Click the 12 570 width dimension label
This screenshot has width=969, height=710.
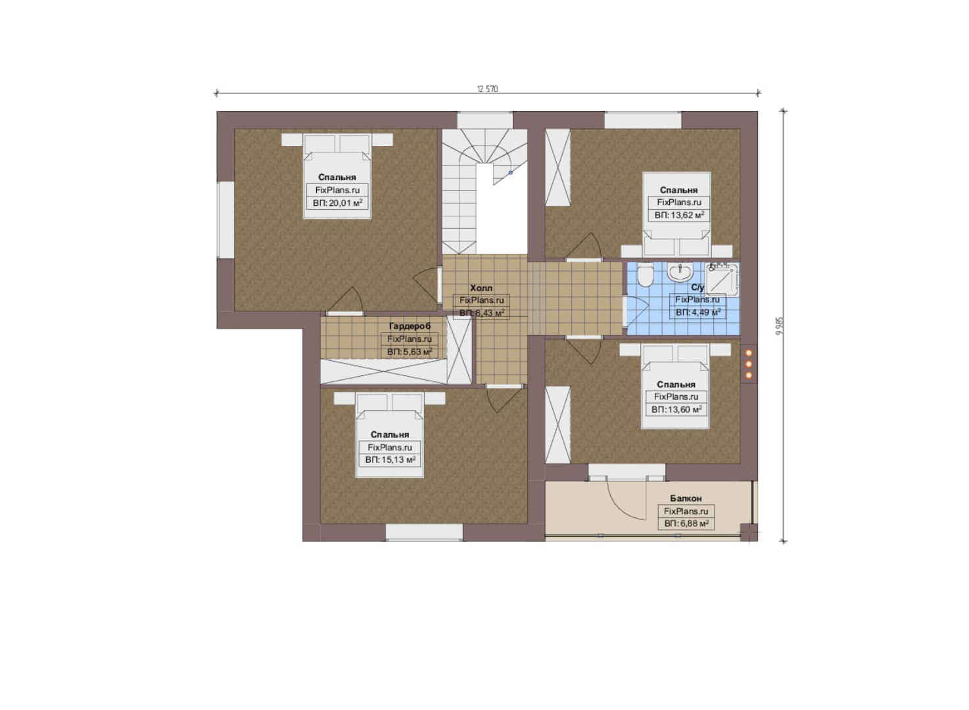click(x=488, y=89)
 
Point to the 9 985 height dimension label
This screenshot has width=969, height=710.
click(x=780, y=326)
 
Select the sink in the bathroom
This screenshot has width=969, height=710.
click(x=680, y=272)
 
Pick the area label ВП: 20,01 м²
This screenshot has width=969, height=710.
click(x=337, y=203)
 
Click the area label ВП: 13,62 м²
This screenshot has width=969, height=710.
click(x=679, y=215)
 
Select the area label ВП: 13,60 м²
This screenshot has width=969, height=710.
click(x=676, y=410)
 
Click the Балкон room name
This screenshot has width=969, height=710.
click(x=686, y=498)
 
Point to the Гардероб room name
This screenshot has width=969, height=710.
click(x=410, y=326)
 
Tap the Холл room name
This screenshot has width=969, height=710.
click(x=481, y=288)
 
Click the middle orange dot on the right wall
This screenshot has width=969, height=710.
click(x=749, y=364)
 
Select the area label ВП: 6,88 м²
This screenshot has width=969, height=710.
click(x=686, y=523)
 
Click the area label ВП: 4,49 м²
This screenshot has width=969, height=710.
click(x=698, y=312)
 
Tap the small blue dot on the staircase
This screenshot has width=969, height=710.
click(x=510, y=172)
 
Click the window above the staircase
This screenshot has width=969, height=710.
click(x=485, y=120)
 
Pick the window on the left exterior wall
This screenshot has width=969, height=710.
click(x=225, y=220)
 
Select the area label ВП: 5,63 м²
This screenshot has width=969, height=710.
click(x=410, y=352)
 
